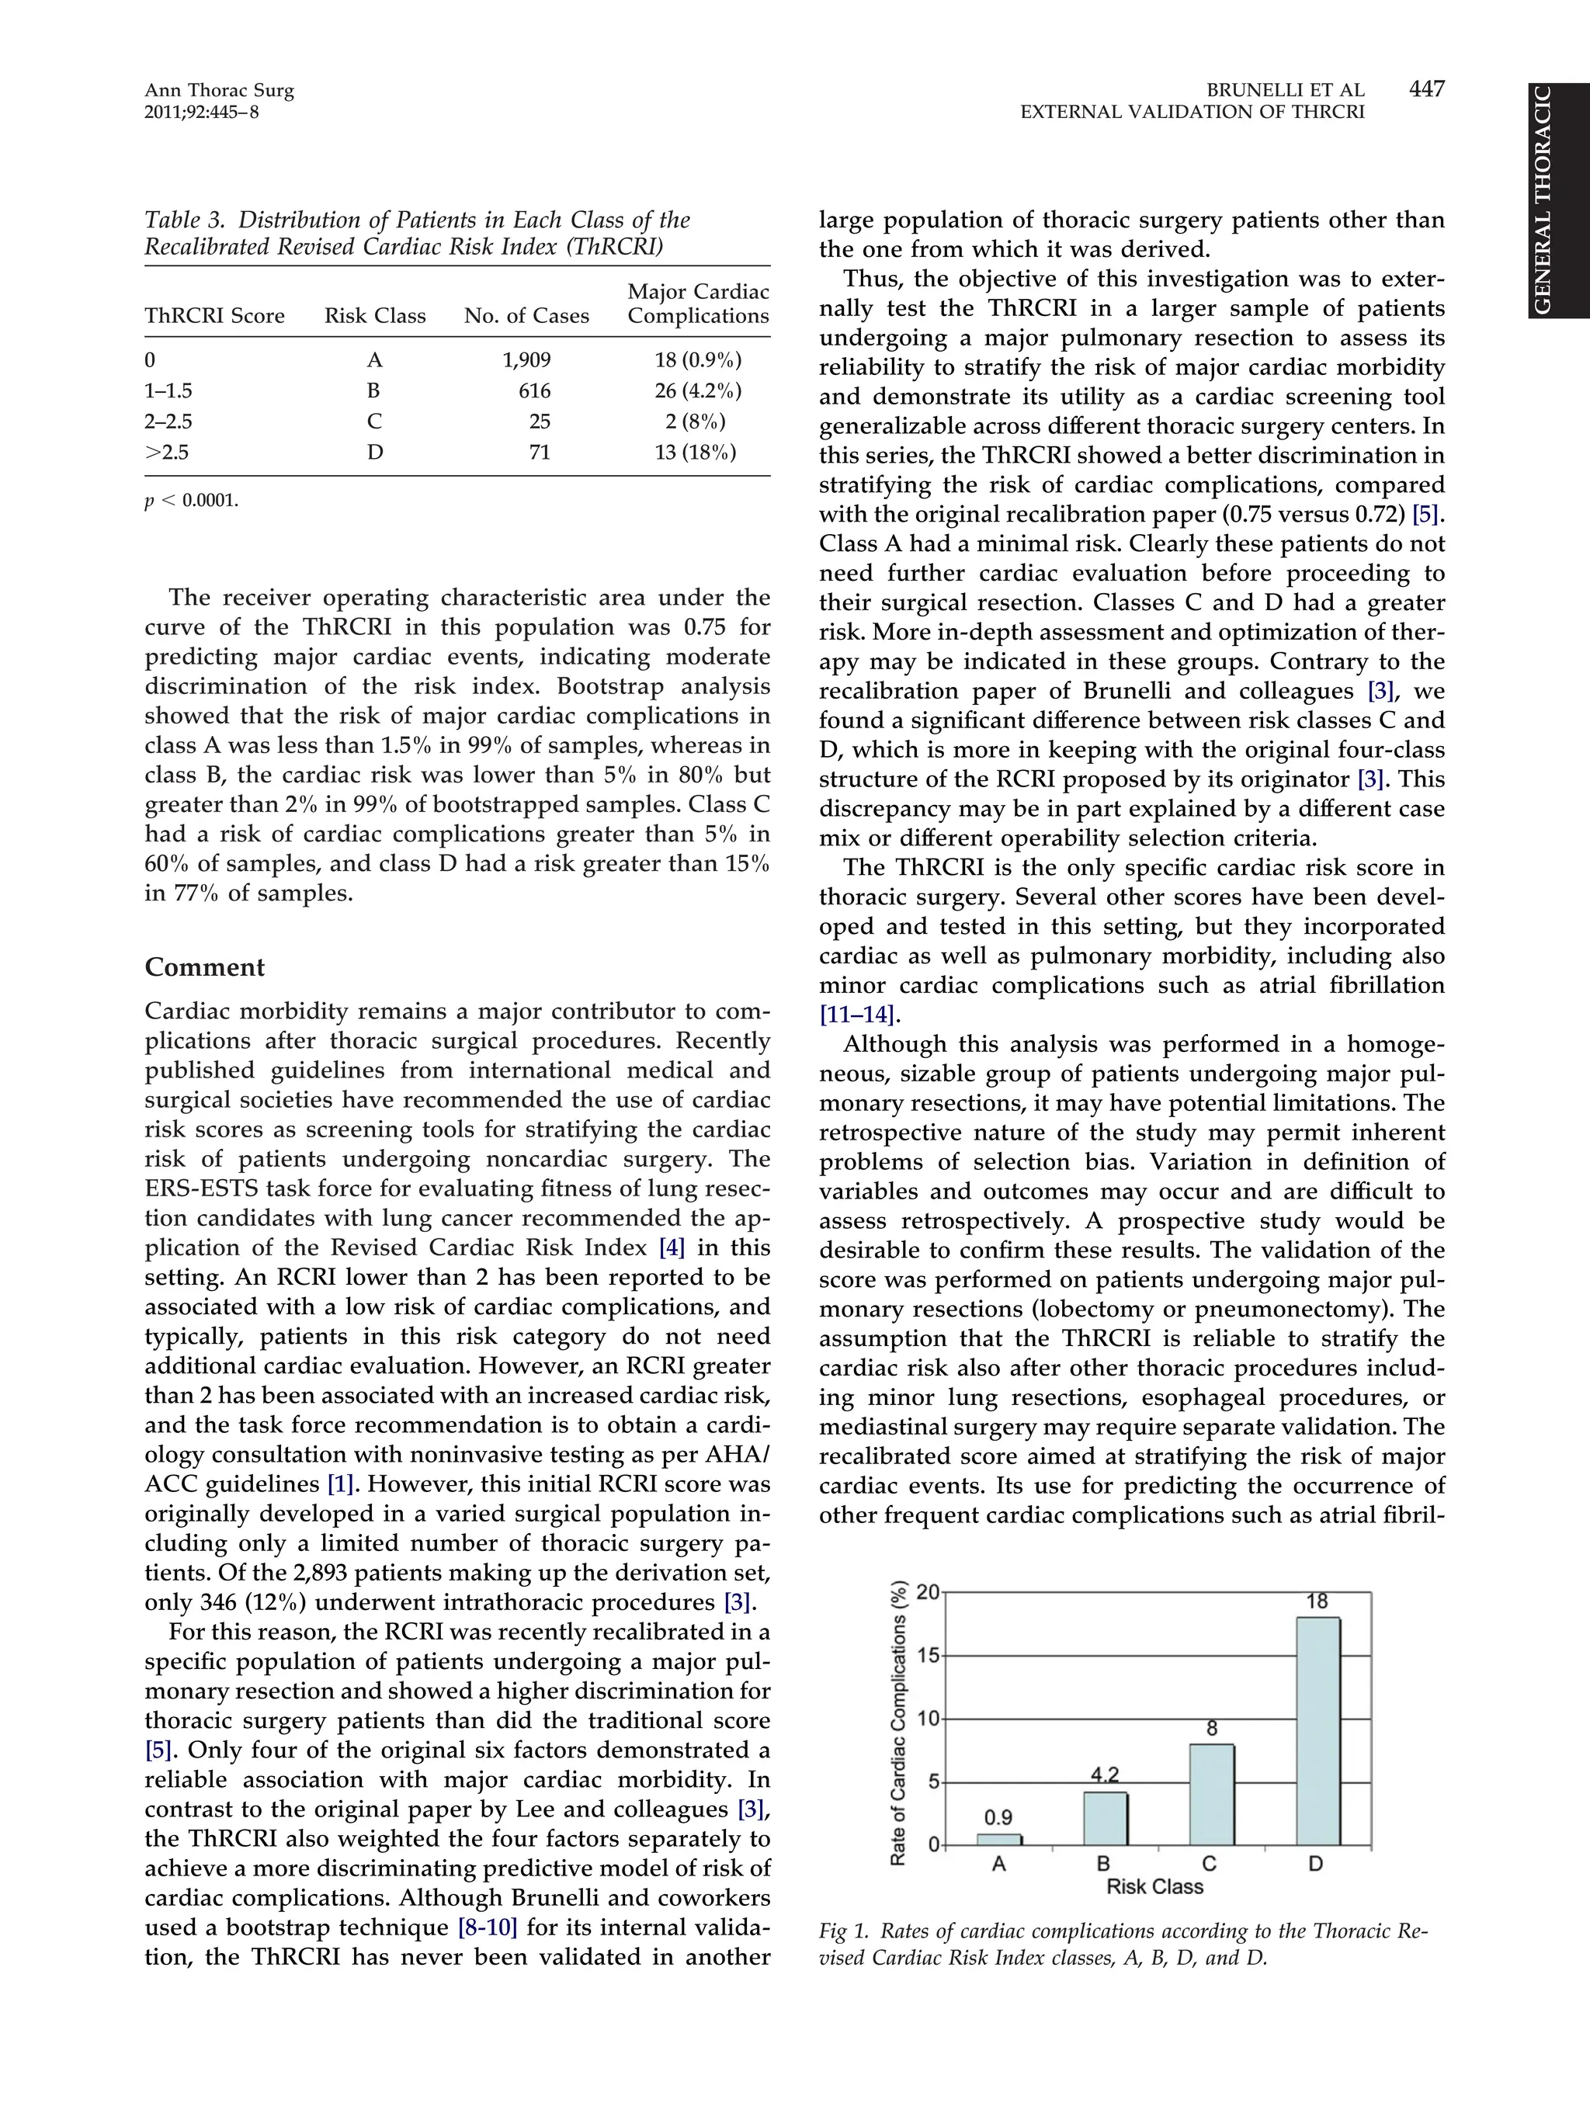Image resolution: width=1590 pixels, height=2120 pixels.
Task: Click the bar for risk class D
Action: tap(1317, 1731)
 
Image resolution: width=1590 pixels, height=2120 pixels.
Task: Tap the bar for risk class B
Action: tap(1105, 1818)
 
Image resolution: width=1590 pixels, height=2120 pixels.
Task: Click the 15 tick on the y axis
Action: tap(927, 1655)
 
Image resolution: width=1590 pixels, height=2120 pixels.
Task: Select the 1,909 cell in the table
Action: tap(526, 360)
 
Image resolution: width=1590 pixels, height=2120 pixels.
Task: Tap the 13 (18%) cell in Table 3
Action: tap(696, 453)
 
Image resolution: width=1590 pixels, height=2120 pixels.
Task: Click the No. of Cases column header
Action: tap(526, 316)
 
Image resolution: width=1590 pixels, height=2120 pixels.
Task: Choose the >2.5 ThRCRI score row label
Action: tap(167, 453)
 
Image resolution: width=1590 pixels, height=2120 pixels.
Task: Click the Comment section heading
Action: tap(204, 967)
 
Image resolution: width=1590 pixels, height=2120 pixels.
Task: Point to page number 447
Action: tap(1426, 89)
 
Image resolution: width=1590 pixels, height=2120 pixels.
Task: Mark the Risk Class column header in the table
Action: tap(375, 316)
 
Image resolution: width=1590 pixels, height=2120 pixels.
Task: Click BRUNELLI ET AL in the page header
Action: tap(1284, 91)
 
